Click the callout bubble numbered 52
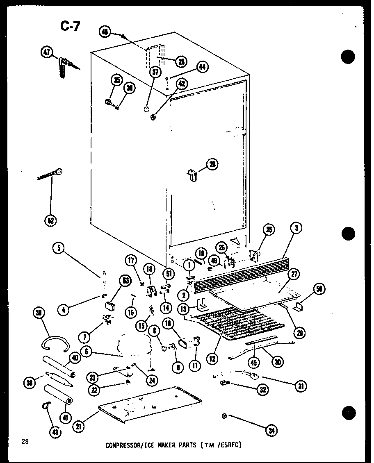pos(51,220)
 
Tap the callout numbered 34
pos(271,430)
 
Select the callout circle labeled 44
pos(201,67)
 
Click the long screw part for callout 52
pos(49,174)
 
